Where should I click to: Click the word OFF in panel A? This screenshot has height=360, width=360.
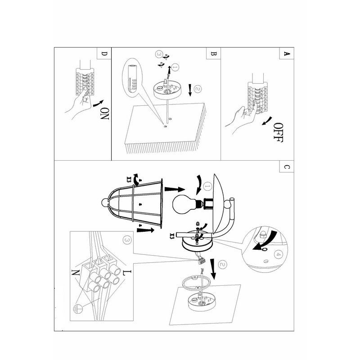(x=279, y=132)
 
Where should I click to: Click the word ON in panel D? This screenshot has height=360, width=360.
(x=104, y=114)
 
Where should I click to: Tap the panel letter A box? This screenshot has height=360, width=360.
(x=287, y=54)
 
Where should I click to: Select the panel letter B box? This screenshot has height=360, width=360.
(x=213, y=54)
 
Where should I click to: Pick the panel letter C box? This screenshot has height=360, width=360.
(x=287, y=166)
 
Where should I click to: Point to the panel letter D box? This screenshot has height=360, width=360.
(x=104, y=54)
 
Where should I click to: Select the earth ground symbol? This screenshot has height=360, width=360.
(x=77, y=309)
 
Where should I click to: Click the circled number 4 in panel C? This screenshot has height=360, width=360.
(x=278, y=255)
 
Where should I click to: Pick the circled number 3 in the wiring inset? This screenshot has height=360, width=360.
(x=127, y=240)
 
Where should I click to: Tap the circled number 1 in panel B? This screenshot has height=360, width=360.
(x=175, y=67)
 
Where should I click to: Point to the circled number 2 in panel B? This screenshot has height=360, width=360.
(x=198, y=89)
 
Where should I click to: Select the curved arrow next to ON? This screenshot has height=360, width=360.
(x=99, y=103)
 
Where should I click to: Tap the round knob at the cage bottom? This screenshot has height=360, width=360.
(x=104, y=202)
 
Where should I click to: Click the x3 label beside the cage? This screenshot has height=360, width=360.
(x=129, y=179)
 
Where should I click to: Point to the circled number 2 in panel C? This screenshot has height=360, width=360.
(x=222, y=265)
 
